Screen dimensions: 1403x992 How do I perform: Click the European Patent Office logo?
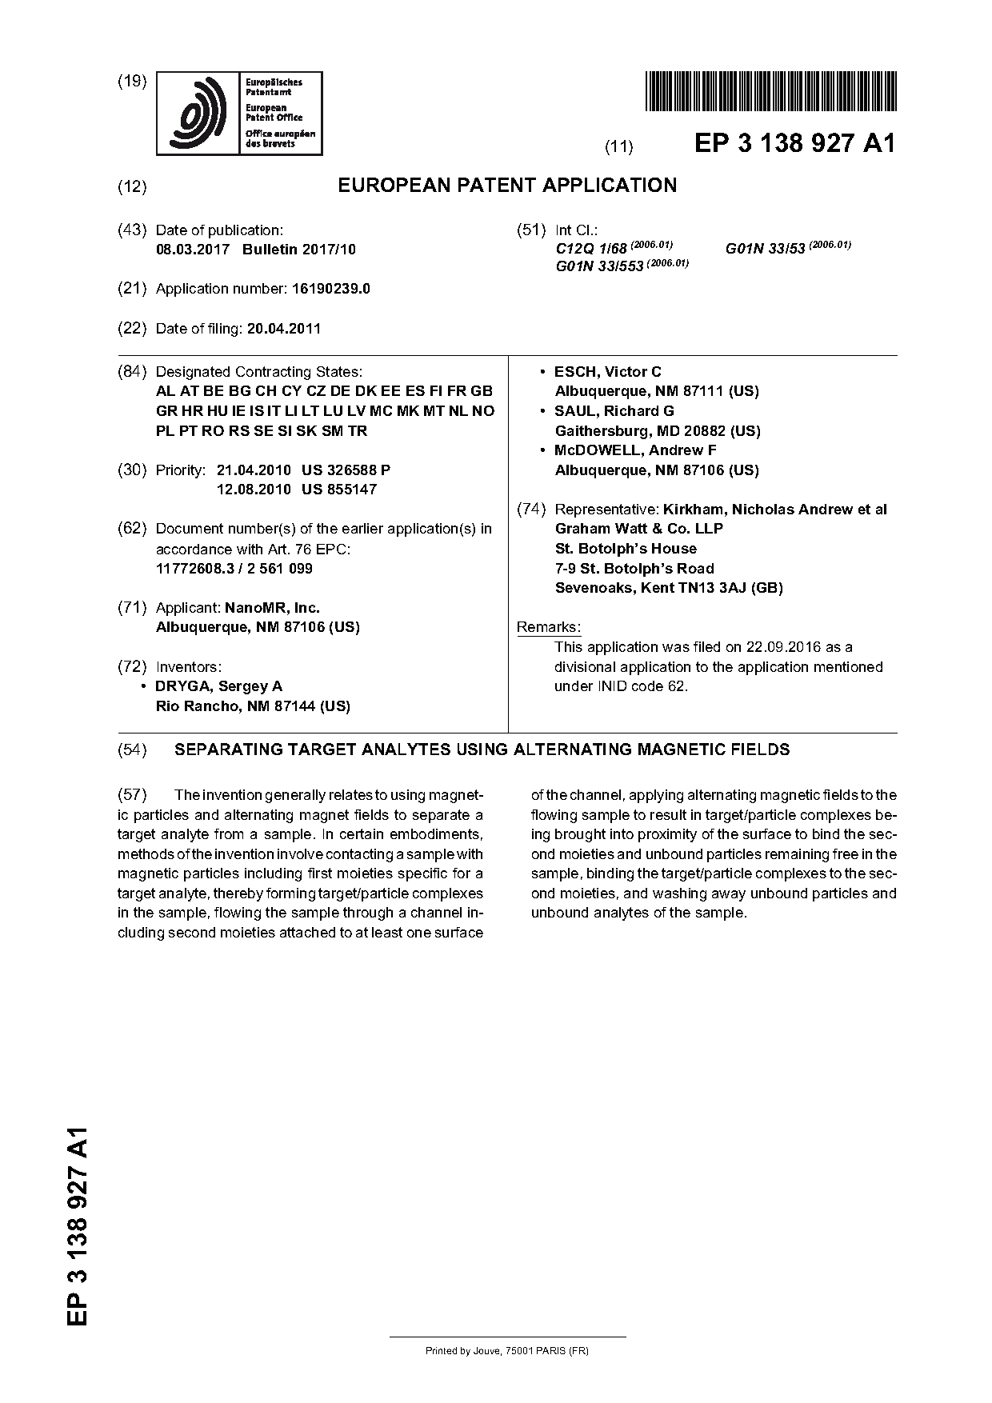(x=239, y=113)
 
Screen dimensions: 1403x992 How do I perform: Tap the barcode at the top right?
(x=770, y=90)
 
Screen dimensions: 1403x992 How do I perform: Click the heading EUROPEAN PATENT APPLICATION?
(x=506, y=186)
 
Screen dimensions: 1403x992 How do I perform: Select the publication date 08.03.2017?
(x=192, y=250)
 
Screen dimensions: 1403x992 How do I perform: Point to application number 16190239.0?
(x=328, y=289)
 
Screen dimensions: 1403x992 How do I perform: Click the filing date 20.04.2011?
(x=284, y=328)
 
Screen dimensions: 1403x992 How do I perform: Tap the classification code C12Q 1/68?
(x=591, y=250)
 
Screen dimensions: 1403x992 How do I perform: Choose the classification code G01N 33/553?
(x=599, y=266)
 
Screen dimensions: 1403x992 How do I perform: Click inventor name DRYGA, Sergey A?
(x=218, y=686)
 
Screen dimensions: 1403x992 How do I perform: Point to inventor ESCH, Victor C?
(x=607, y=372)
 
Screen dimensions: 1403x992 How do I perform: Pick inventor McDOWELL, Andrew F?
(x=635, y=450)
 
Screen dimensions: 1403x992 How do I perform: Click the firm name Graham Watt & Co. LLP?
(x=638, y=529)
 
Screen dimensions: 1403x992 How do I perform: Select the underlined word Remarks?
(x=549, y=627)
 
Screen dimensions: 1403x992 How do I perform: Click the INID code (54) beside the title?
(x=132, y=749)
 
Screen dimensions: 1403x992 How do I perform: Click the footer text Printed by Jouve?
(x=506, y=1351)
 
